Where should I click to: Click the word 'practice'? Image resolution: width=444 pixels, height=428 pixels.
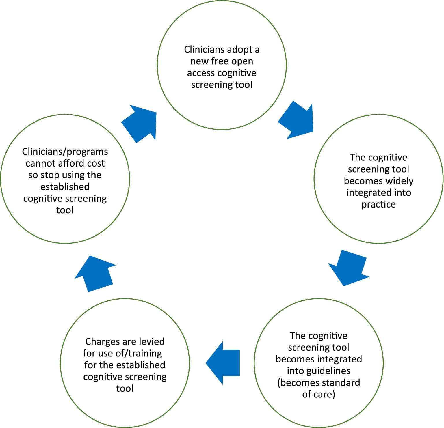coord(378,204)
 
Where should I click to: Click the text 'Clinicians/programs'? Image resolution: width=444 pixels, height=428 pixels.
coord(65,152)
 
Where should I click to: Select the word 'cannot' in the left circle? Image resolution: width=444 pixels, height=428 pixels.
coord(39,163)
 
